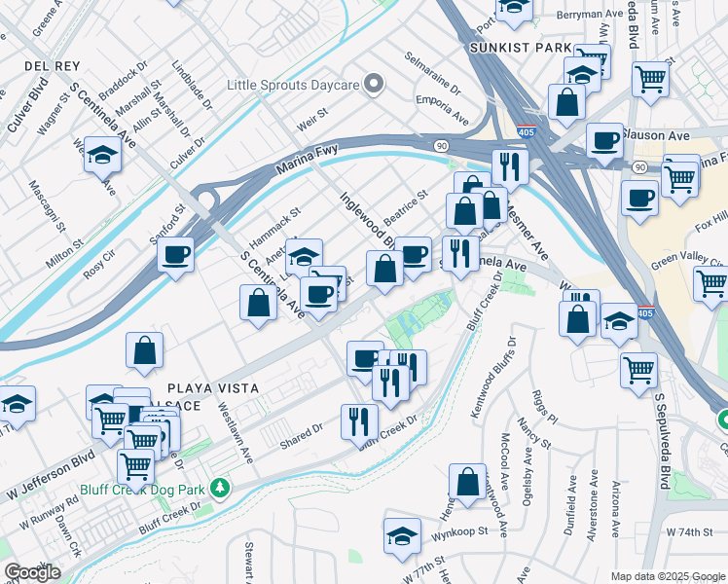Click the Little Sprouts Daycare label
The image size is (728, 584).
point(291,85)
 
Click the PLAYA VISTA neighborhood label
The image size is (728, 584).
point(211,387)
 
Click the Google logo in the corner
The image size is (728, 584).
point(32,572)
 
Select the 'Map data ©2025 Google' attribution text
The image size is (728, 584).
point(668,576)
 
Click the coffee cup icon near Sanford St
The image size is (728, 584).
point(175,256)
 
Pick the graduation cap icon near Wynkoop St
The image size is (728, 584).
point(402,535)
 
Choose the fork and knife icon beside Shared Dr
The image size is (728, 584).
point(359,420)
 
